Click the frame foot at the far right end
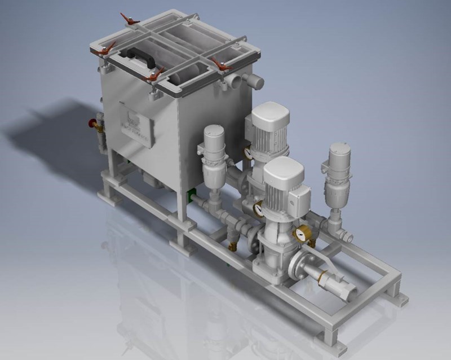point(401,293)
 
